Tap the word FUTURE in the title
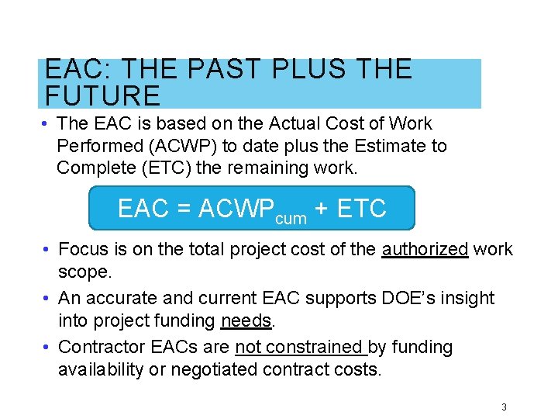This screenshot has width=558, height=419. [102, 96]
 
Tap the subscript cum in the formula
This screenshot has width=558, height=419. [291, 219]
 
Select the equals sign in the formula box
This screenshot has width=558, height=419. [184, 209]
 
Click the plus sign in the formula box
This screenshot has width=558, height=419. [322, 209]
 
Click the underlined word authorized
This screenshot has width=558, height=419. [425, 249]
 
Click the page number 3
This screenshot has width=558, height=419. [505, 407]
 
